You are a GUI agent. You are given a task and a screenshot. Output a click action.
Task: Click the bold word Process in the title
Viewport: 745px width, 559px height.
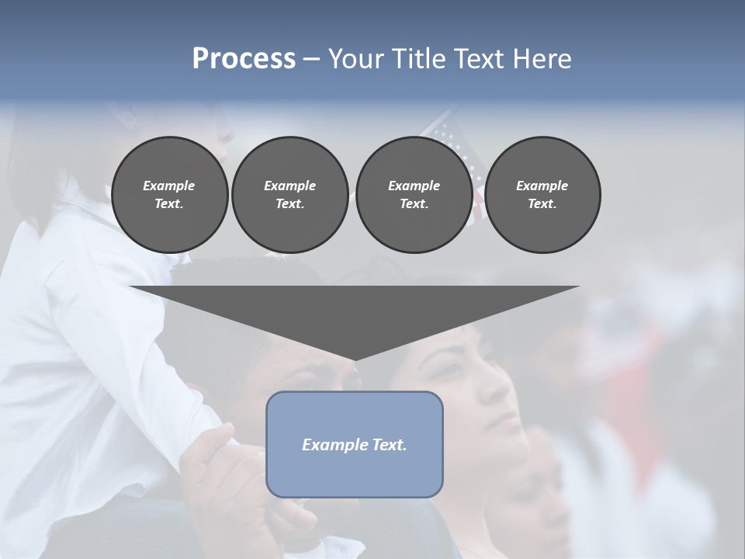pyautogui.click(x=244, y=58)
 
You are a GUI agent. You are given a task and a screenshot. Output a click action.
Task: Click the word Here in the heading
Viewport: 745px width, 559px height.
pyautogui.click(x=541, y=58)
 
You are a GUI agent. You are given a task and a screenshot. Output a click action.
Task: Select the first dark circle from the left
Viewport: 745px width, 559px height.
pyautogui.click(x=169, y=195)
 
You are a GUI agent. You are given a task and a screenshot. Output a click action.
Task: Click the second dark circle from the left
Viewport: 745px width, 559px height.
pyautogui.click(x=289, y=195)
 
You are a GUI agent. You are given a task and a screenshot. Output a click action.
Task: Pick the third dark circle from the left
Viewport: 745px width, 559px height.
pyautogui.click(x=414, y=195)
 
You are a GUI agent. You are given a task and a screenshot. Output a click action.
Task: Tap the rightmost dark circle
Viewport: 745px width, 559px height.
pyautogui.click(x=542, y=195)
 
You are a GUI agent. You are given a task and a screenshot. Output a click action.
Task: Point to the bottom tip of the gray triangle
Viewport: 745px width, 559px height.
pyautogui.click(x=355, y=359)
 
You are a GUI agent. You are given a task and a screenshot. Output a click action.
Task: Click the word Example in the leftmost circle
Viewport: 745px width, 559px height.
pyautogui.click(x=169, y=186)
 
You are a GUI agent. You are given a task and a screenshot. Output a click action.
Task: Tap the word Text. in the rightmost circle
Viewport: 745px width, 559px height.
pyautogui.click(x=542, y=204)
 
